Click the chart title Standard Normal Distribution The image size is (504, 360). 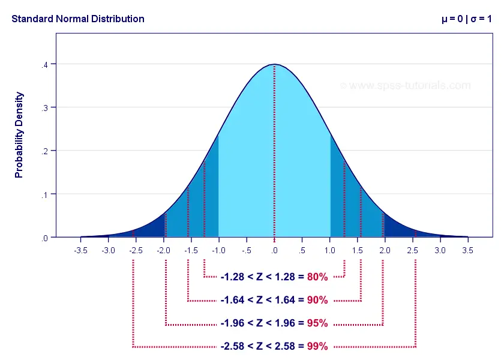pos(78,19)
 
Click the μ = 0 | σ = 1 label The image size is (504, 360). pos(466,19)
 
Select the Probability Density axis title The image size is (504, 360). pos(19,134)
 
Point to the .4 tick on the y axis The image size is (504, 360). pos(45,64)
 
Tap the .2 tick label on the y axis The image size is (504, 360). pos(45,151)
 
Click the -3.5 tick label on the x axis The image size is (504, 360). pos(80,250)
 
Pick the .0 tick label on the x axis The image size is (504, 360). pos(274,250)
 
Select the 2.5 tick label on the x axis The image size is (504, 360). pos(413,250)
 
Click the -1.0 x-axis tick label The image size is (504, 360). pos(218,250)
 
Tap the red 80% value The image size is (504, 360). pos(317,277)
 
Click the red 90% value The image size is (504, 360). pos(317,300)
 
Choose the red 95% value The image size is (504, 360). pos(317,323)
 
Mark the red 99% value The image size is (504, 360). pos(317,346)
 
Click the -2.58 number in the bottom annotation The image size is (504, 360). pos(232,346)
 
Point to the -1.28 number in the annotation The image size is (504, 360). pos(232,277)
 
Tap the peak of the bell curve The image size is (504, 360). pos(274,64)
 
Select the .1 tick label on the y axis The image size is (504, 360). pos(45,194)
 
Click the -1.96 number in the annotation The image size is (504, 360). pos(232,323)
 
